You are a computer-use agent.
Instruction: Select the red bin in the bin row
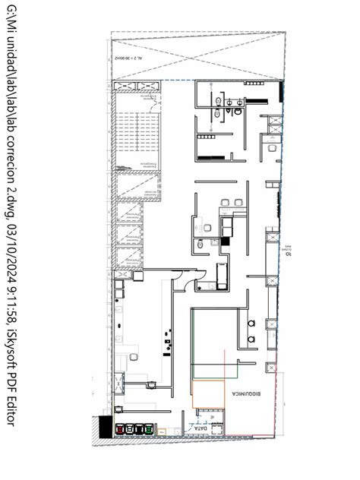click(x=119, y=430)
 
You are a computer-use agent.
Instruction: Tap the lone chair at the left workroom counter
click(x=132, y=355)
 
